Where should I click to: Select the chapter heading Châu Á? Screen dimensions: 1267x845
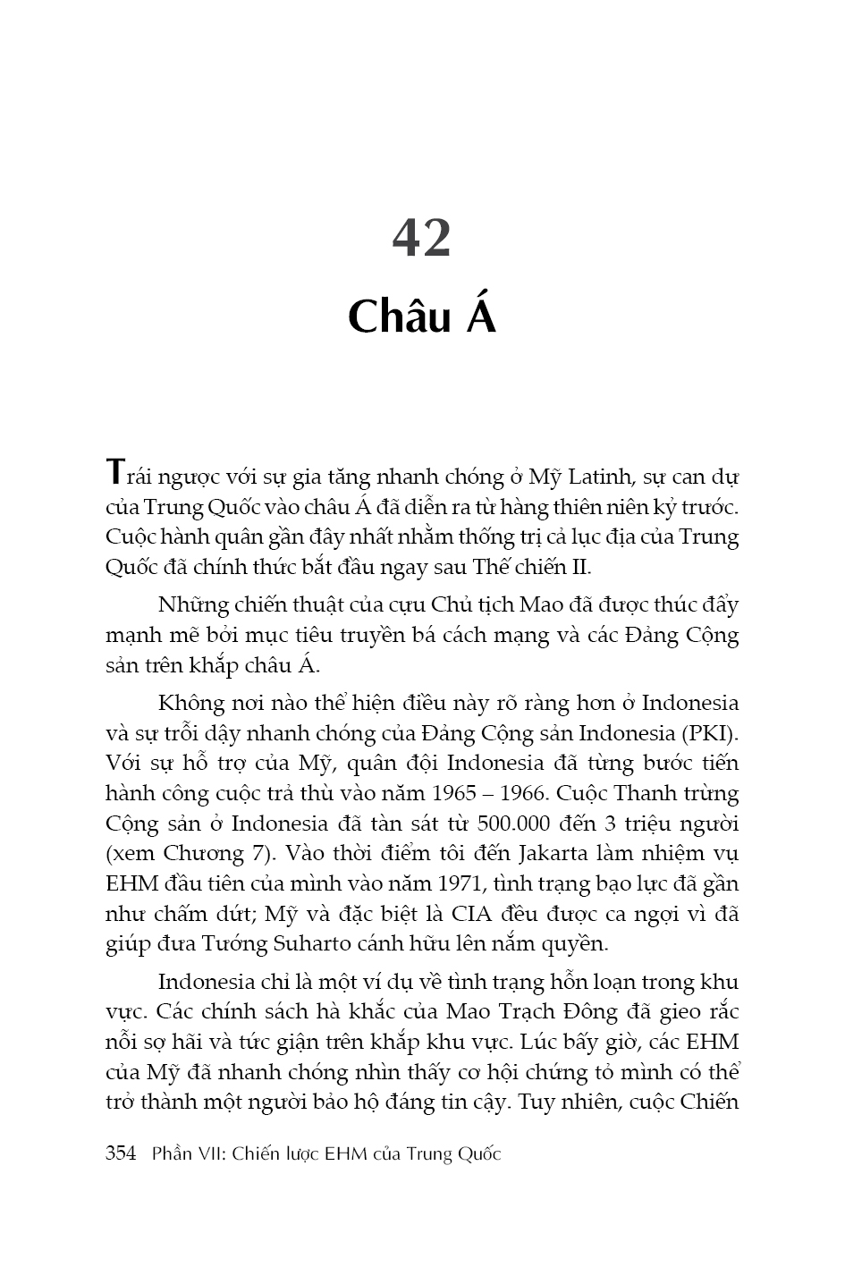point(421,317)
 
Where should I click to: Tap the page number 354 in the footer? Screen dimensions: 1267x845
point(121,1153)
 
